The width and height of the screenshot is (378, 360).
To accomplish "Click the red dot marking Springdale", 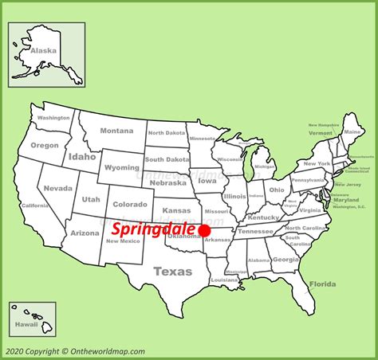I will [x=204, y=231].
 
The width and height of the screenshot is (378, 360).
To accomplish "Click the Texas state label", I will [x=173, y=272].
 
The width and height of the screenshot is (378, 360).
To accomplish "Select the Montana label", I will [x=116, y=131].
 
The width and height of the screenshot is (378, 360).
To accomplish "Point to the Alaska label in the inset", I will [x=44, y=49].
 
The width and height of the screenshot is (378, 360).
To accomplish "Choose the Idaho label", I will [x=82, y=157].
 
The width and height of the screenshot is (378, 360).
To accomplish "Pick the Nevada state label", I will [x=57, y=188].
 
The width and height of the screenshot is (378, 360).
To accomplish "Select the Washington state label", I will [x=53, y=118].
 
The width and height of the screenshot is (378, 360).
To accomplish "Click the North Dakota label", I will [x=166, y=133].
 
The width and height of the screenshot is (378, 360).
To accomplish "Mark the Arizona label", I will [x=84, y=233].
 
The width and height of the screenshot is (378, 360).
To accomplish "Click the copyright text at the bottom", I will [x=75, y=351].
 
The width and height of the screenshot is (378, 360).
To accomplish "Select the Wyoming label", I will [x=121, y=168].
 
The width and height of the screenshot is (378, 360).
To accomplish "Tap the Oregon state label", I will [x=45, y=146].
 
